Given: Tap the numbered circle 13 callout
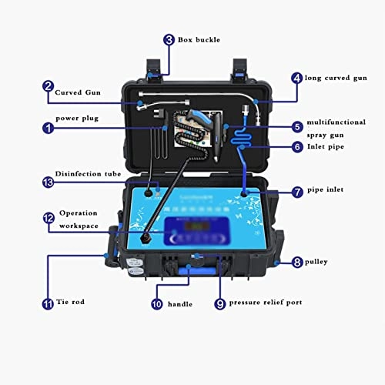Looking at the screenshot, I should [49, 183].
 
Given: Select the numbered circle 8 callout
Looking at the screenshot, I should [296, 263].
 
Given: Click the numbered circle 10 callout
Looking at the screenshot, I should [157, 304].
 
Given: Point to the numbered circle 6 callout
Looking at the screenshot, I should [296, 146].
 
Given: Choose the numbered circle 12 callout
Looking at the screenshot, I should [49, 219].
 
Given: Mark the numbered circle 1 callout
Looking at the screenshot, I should [49, 128].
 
